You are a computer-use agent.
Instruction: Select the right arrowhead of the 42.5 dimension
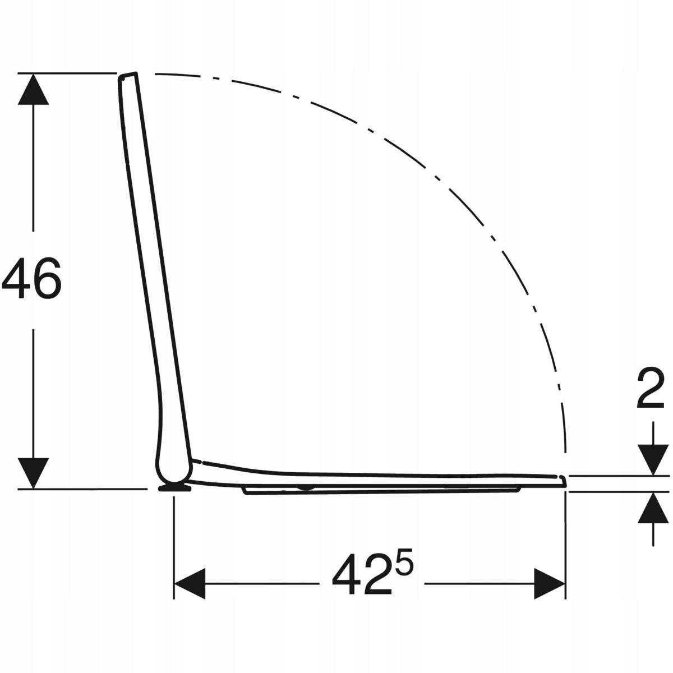(550, 583)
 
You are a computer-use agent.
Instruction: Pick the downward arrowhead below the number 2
(653, 460)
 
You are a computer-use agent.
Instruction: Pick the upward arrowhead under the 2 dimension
(653, 508)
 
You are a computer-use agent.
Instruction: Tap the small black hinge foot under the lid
(174, 488)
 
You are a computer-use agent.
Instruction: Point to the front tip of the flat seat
(564, 481)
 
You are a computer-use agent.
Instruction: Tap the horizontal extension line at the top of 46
(67, 73)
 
